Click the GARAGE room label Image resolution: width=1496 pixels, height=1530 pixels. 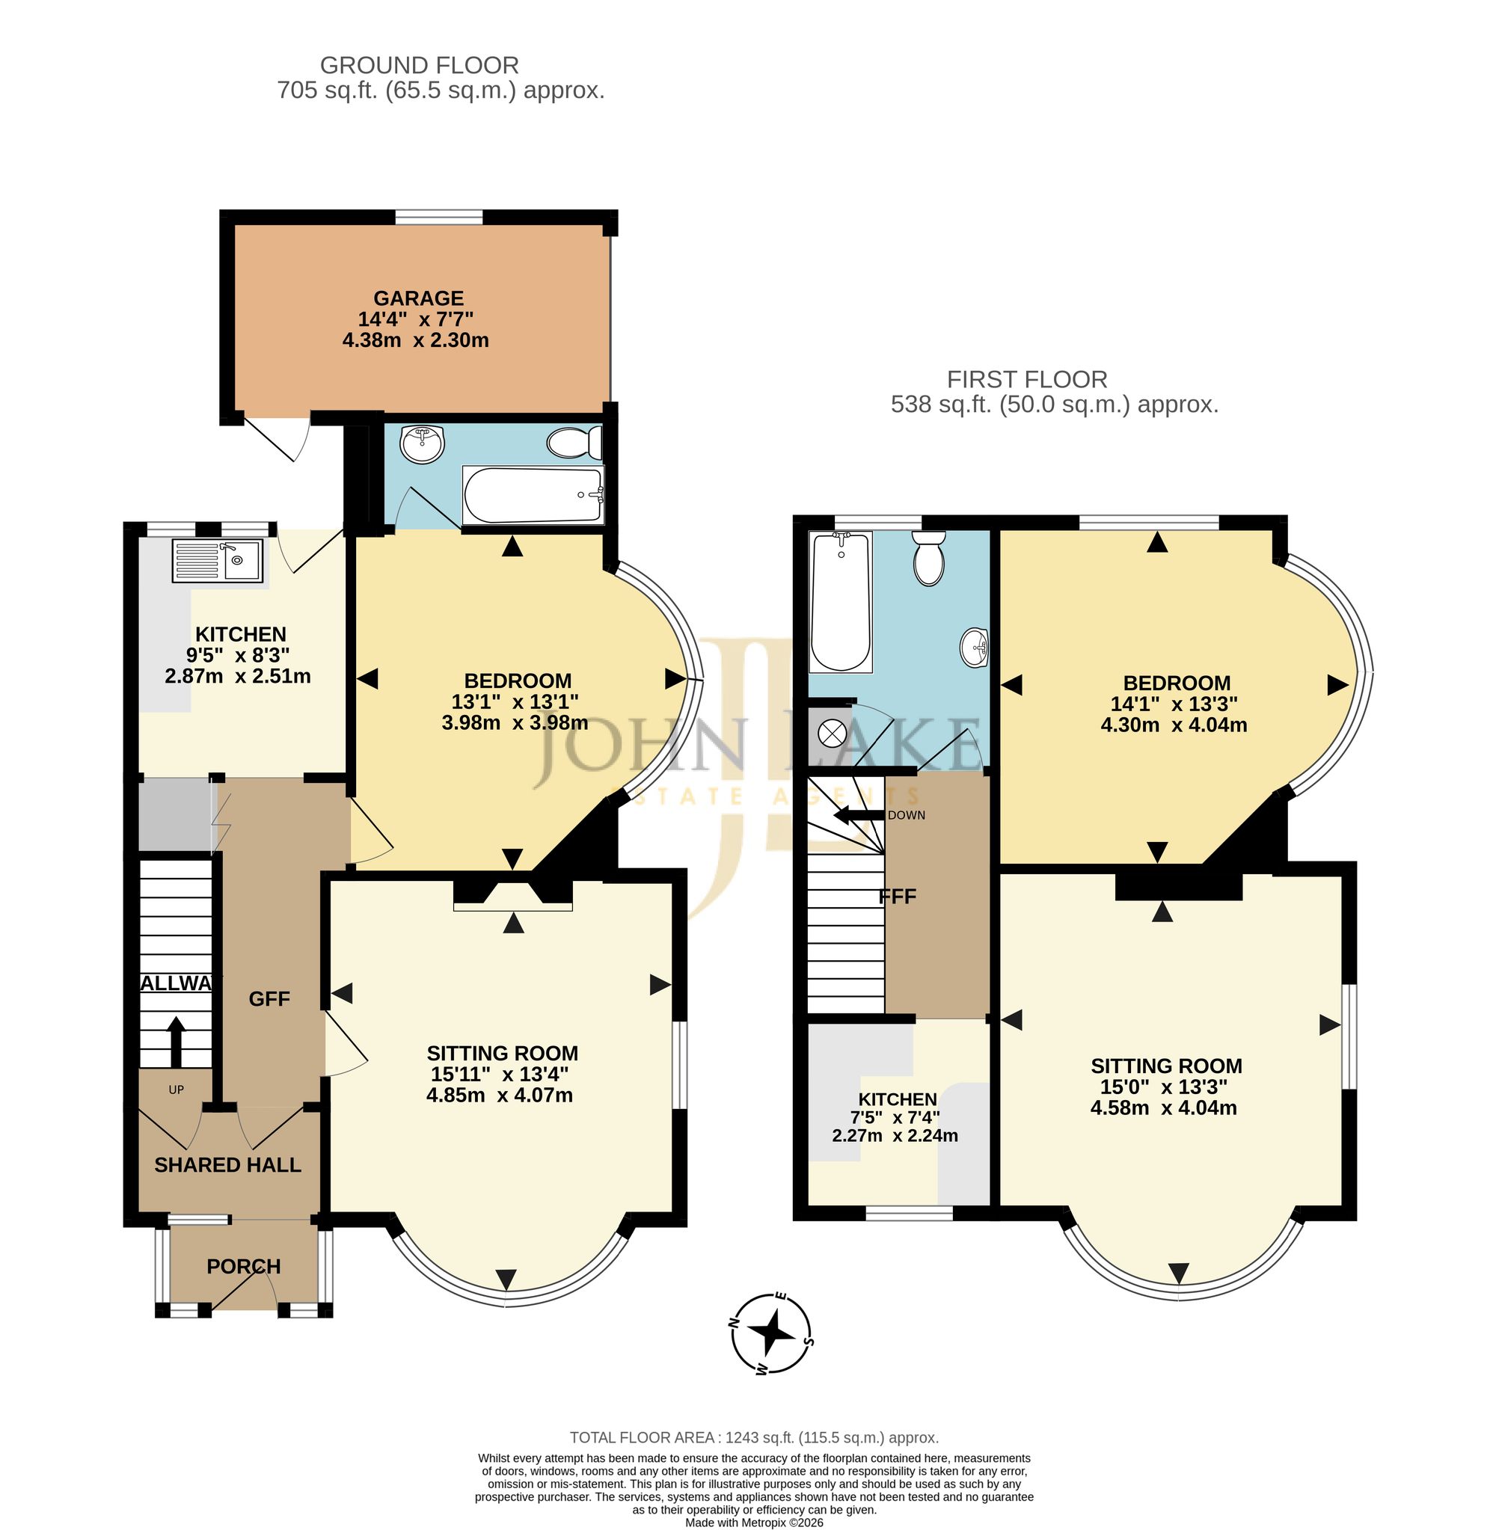click(x=418, y=298)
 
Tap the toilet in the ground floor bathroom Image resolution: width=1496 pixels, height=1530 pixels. click(x=574, y=443)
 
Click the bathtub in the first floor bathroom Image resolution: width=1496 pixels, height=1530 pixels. click(x=841, y=603)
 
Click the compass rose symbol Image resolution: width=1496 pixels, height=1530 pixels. click(x=772, y=1332)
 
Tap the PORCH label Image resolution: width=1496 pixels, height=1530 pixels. click(x=244, y=1266)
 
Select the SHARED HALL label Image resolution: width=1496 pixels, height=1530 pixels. click(x=228, y=1165)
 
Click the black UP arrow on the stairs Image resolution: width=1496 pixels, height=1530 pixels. click(x=176, y=1039)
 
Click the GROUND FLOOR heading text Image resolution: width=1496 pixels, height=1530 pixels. click(x=420, y=65)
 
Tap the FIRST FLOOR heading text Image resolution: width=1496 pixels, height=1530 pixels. click(x=1027, y=379)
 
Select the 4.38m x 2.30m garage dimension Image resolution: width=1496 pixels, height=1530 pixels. click(x=416, y=340)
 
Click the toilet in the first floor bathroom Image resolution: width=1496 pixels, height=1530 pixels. click(x=930, y=558)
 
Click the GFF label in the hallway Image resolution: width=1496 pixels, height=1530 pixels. click(x=269, y=998)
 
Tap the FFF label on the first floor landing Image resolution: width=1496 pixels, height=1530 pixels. click(x=898, y=897)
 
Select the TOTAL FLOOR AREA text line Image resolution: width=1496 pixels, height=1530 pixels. click(x=754, y=1438)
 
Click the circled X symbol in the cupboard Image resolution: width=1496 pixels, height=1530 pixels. click(x=830, y=734)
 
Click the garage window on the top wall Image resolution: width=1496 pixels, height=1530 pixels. click(x=438, y=217)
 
